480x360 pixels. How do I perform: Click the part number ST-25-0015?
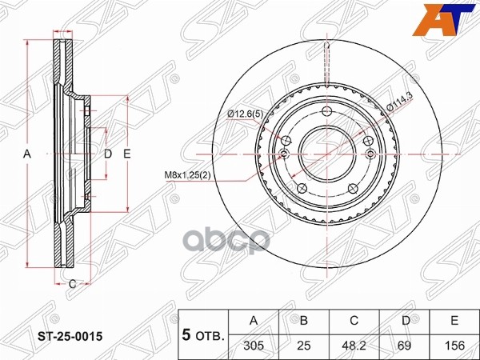click(x=70, y=337)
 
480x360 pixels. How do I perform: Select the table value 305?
click(x=254, y=346)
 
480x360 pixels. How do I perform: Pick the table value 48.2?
click(x=354, y=346)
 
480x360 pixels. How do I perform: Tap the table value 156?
click(x=454, y=346)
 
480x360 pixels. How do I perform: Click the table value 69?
click(x=404, y=346)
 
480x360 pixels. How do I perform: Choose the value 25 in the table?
click(x=304, y=346)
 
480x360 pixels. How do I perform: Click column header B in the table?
click(x=304, y=320)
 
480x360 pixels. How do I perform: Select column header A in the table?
click(x=254, y=320)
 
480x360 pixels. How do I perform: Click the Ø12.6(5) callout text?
click(x=246, y=114)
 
